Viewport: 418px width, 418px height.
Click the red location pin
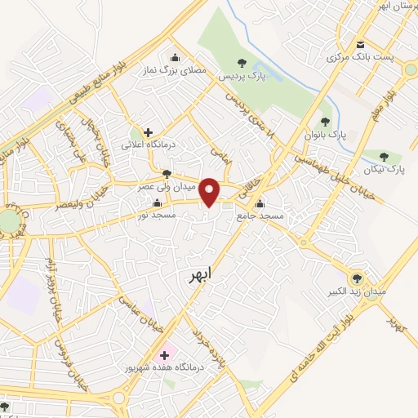[211, 192]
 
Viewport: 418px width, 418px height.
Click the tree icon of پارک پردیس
[241, 62]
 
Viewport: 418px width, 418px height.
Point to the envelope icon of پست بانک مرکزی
[360, 44]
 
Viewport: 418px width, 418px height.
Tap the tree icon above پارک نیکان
[384, 157]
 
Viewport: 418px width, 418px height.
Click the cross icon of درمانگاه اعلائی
[148, 131]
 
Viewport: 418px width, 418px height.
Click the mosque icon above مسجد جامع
[260, 204]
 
